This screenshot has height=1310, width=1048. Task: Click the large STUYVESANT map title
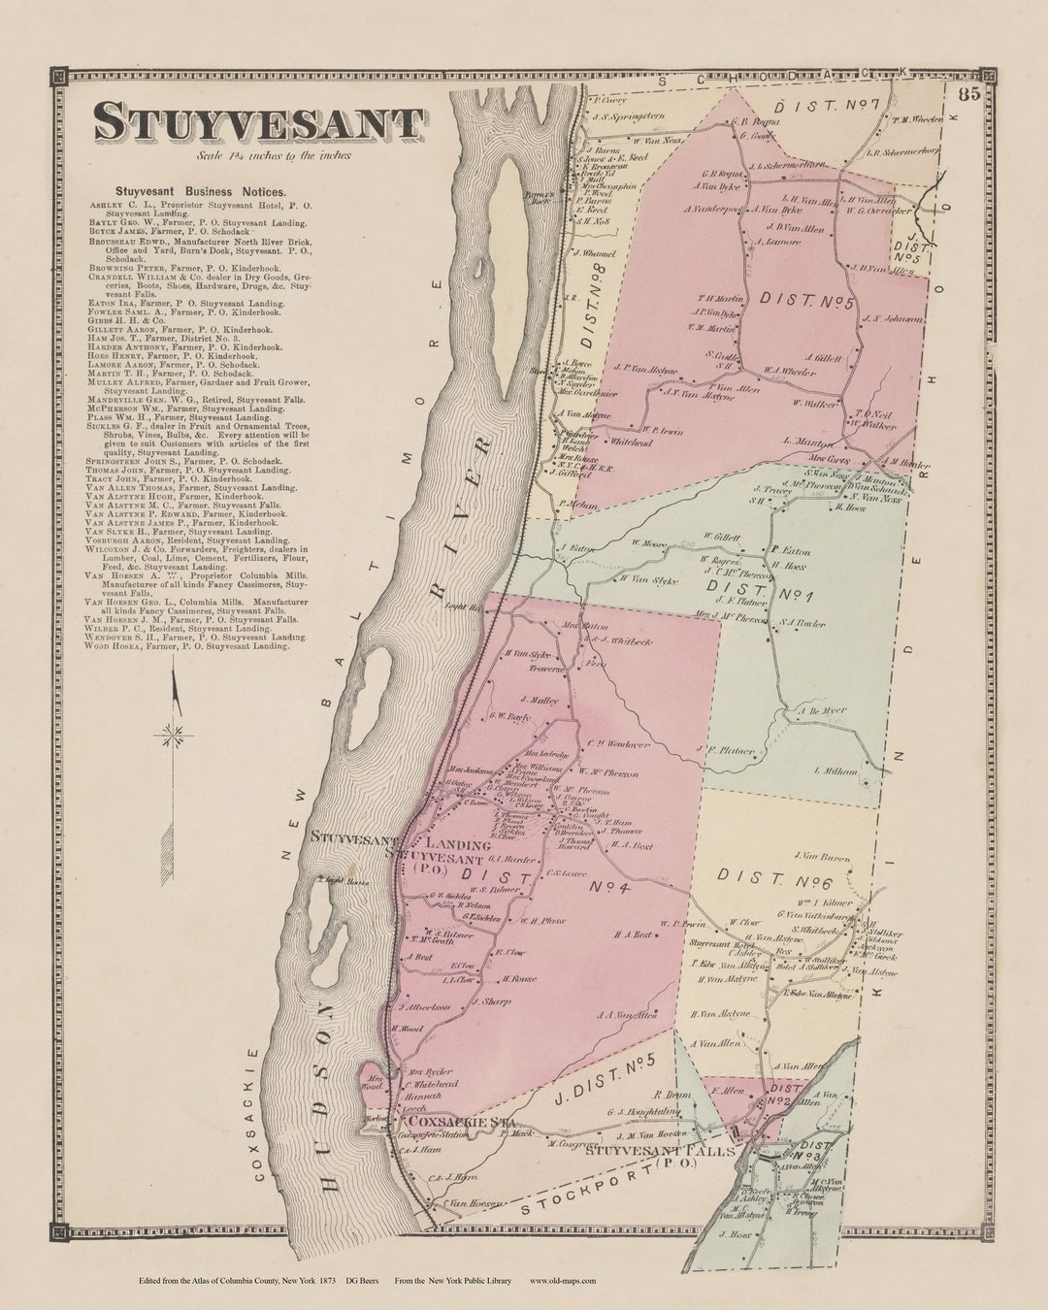click(x=258, y=123)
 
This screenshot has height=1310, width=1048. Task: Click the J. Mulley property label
click(x=540, y=699)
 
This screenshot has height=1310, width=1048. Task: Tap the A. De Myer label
click(x=822, y=710)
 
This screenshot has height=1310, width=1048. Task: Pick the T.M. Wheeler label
click(x=915, y=120)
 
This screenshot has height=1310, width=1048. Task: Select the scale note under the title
click(x=273, y=155)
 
